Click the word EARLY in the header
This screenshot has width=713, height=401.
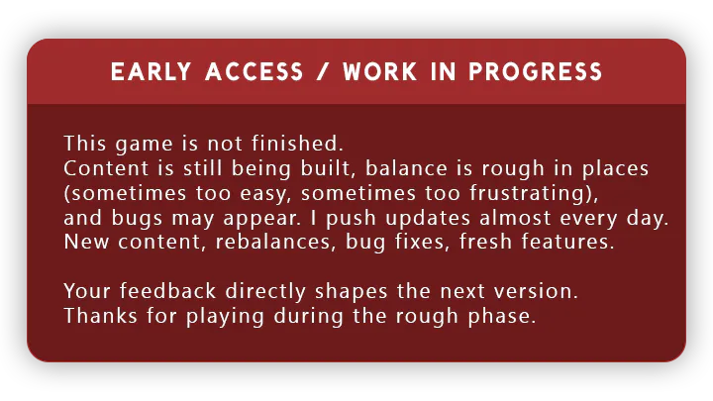click(151, 72)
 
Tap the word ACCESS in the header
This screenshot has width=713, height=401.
click(255, 72)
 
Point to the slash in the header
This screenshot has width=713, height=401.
click(323, 72)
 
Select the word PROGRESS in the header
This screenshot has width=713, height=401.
click(535, 72)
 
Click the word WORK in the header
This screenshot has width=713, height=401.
click(379, 72)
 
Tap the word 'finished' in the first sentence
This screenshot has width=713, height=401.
click(295, 144)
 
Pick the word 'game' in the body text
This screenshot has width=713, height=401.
click(145, 146)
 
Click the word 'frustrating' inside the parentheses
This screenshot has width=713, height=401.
click(528, 193)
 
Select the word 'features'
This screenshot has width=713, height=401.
click(564, 242)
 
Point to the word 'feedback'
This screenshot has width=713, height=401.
click(167, 290)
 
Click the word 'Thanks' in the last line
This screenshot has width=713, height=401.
click(100, 316)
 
